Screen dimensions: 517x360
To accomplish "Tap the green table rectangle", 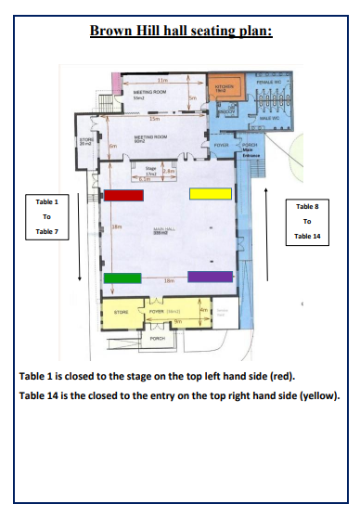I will [121, 277].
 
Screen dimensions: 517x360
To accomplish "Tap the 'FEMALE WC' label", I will [268, 82].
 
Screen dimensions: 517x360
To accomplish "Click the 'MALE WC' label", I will [271, 119].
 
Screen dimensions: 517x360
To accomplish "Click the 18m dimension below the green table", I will [169, 280].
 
